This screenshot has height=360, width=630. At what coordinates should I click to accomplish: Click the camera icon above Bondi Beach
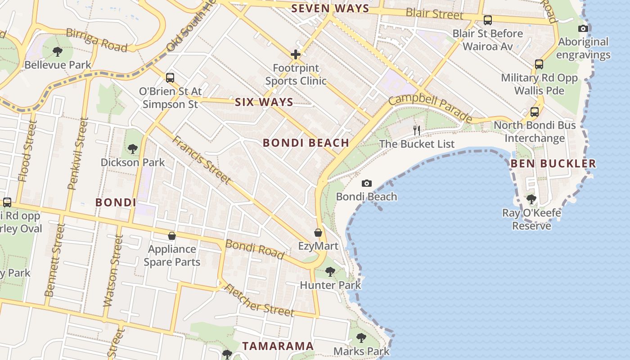tap(367, 183)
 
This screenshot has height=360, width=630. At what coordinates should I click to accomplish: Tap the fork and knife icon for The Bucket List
tap(417, 130)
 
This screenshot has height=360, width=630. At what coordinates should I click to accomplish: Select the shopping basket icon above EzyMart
tap(318, 233)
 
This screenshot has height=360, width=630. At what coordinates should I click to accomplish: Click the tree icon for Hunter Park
tap(330, 271)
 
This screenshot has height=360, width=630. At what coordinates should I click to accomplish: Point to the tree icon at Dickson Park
tap(132, 148)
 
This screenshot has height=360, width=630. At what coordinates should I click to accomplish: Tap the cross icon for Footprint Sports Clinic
tap(296, 55)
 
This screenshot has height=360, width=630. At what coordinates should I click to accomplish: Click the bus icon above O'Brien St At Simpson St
tap(170, 77)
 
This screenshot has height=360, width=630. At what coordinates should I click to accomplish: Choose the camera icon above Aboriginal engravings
tap(583, 28)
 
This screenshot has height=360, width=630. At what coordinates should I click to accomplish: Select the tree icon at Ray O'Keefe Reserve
tap(531, 199)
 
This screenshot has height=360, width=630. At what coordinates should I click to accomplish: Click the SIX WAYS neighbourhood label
tap(264, 102)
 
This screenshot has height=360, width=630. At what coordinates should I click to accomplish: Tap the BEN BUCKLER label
tap(553, 163)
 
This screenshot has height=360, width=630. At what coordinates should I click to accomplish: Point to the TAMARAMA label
tap(278, 346)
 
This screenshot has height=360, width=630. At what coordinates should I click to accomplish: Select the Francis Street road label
tap(201, 159)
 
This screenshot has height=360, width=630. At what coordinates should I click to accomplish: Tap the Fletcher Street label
tap(259, 301)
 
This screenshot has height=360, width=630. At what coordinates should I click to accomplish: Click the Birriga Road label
tap(96, 40)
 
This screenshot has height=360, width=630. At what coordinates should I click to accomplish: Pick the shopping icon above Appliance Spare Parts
tap(171, 235)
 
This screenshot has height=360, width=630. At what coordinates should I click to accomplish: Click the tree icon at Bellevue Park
tap(58, 51)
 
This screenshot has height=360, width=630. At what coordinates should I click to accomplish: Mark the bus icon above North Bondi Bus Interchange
tap(535, 112)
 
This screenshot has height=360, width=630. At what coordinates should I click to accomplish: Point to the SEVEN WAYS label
tap(330, 8)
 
